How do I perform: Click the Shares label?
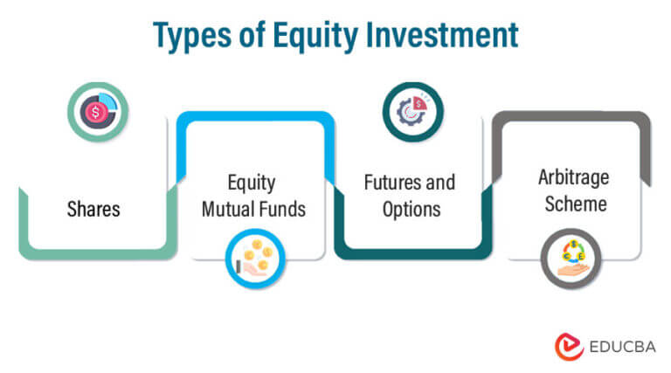click(93, 210)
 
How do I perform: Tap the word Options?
click(409, 210)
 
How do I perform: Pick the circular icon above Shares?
click(98, 112)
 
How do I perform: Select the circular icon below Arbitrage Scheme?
click(571, 259)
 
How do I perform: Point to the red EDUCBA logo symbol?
click(568, 345)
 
